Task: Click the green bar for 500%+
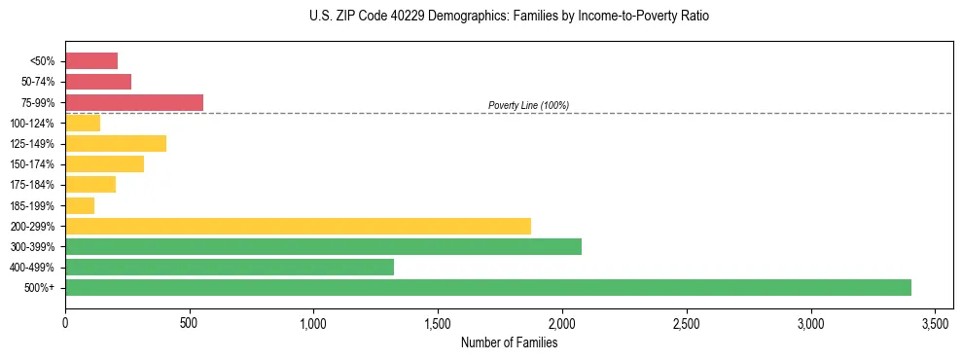pyautogui.click(x=487, y=287)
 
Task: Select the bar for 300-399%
pyautogui.click(x=323, y=246)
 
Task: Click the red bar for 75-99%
pyautogui.click(x=134, y=102)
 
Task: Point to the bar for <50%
pyautogui.click(x=91, y=61)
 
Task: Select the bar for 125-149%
pyautogui.click(x=116, y=143)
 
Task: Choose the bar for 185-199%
pyautogui.click(x=80, y=205)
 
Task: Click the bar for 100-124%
pyautogui.click(x=83, y=123)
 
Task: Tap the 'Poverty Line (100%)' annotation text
pyautogui.click(x=528, y=105)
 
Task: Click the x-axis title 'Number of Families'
pyautogui.click(x=509, y=342)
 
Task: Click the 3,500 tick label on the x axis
pyautogui.click(x=935, y=322)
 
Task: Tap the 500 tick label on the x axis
pyautogui.click(x=190, y=322)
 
